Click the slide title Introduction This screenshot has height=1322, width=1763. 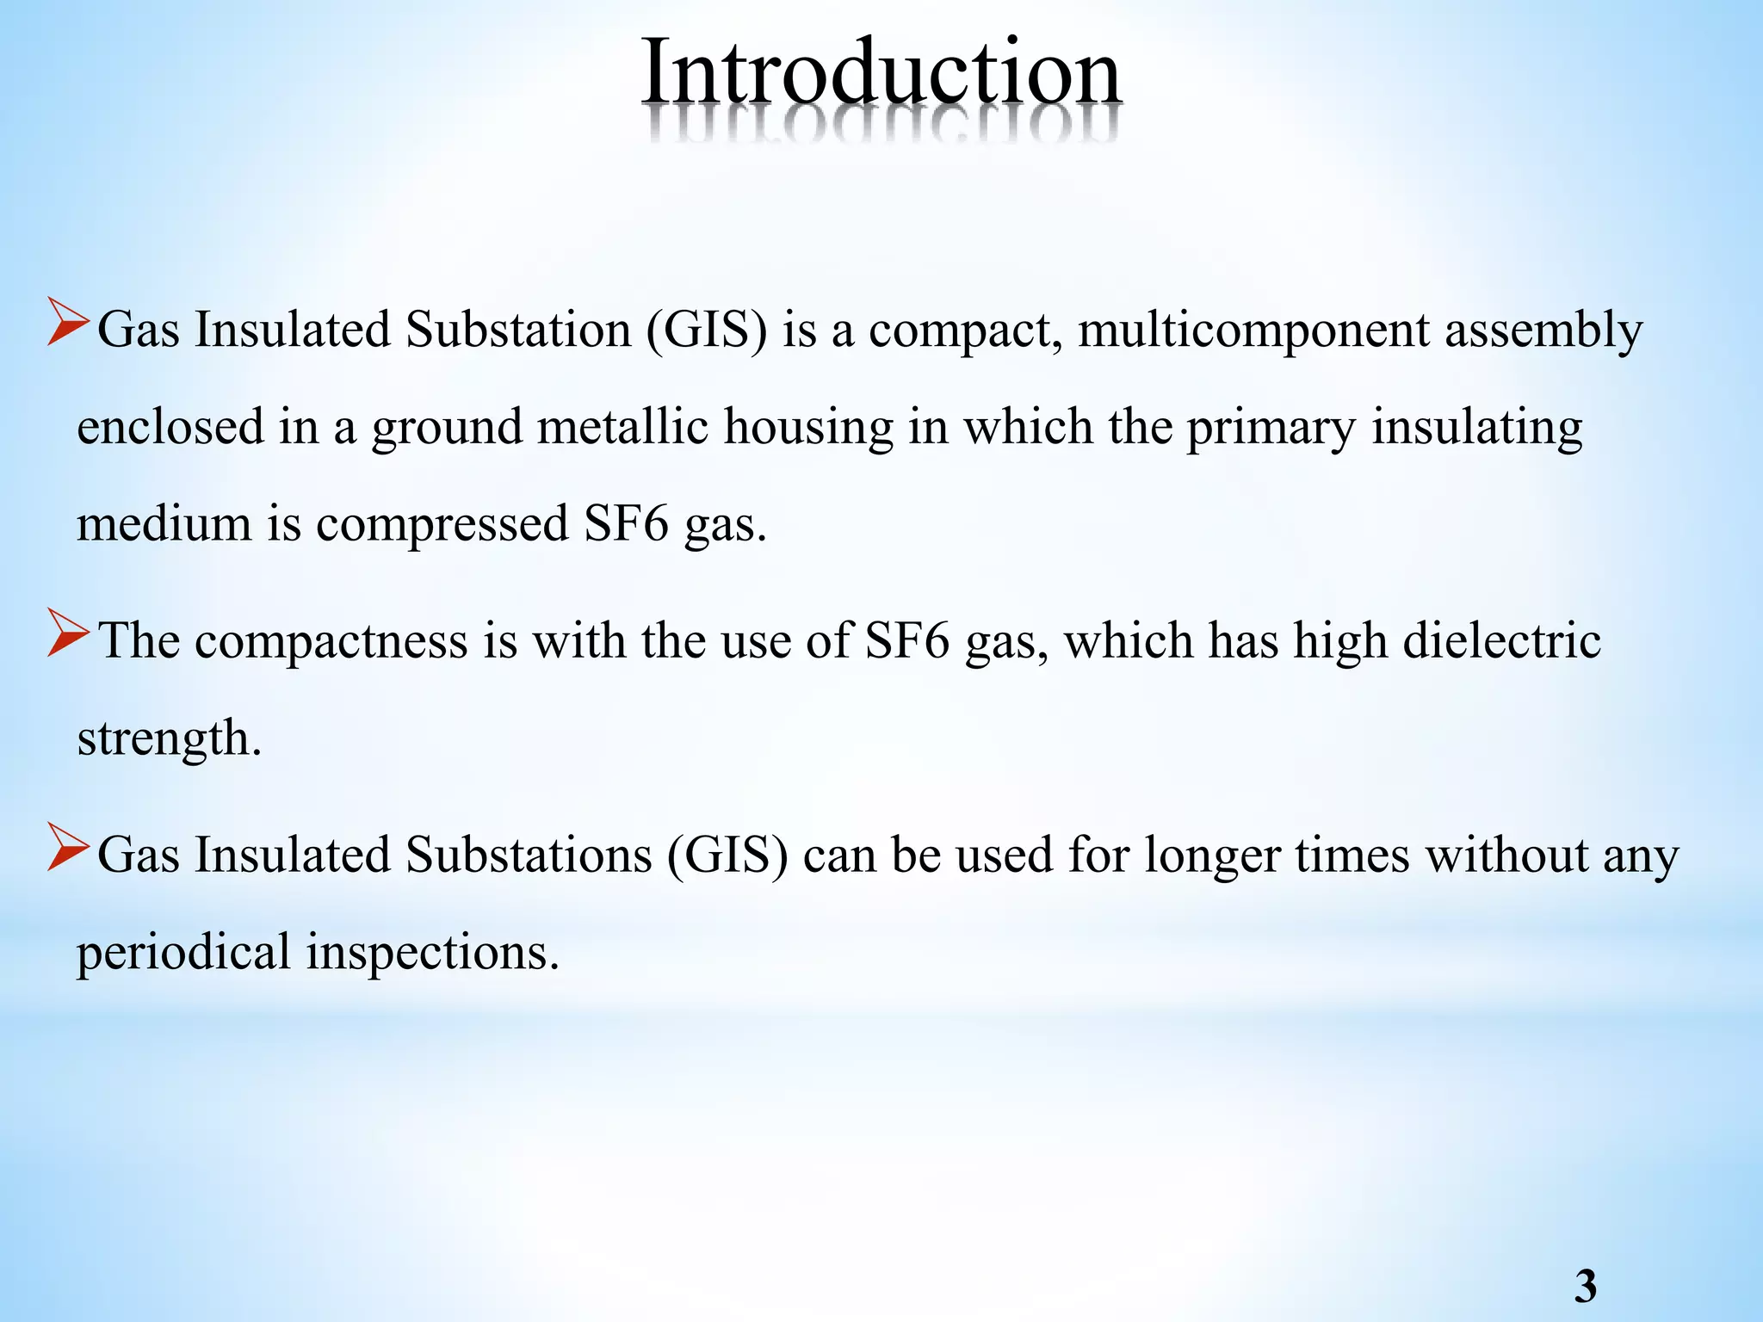(x=881, y=72)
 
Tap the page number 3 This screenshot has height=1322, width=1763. (x=1585, y=1287)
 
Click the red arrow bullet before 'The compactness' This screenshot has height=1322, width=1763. (x=68, y=634)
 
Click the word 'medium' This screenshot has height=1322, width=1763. (x=164, y=523)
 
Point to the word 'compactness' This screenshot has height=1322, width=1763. (x=331, y=642)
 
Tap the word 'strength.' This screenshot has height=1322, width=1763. (x=169, y=738)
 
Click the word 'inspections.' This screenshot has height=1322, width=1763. (x=433, y=954)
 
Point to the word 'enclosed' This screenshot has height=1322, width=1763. (x=170, y=427)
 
